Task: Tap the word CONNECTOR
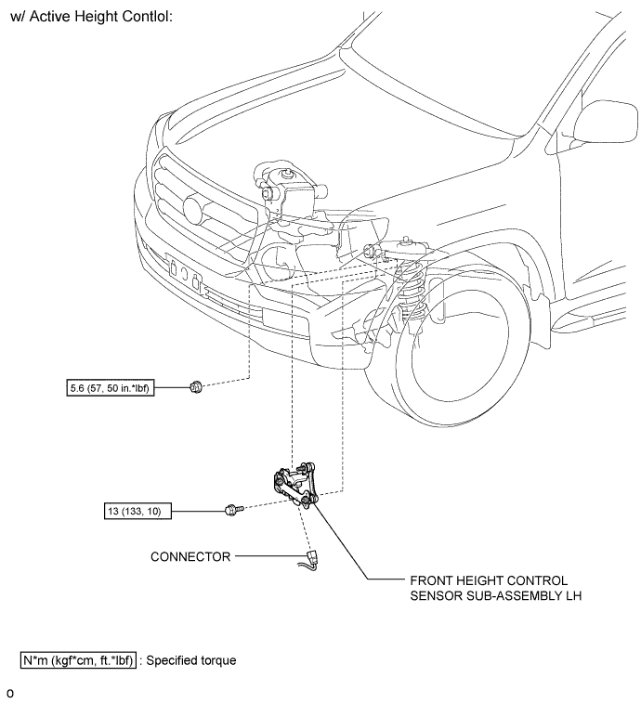[190, 556]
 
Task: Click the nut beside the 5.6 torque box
[196, 386]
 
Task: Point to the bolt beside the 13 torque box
[234, 510]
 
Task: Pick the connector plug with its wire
[309, 560]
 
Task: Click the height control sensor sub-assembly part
[295, 485]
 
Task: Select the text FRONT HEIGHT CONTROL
[489, 580]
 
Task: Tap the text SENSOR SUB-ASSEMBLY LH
[496, 596]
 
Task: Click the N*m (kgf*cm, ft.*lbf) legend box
[78, 660]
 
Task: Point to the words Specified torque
[191, 660]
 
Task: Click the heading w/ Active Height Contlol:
[91, 17]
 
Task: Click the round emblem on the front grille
[197, 210]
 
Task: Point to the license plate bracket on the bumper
[184, 272]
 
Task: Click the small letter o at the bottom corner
[10, 694]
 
